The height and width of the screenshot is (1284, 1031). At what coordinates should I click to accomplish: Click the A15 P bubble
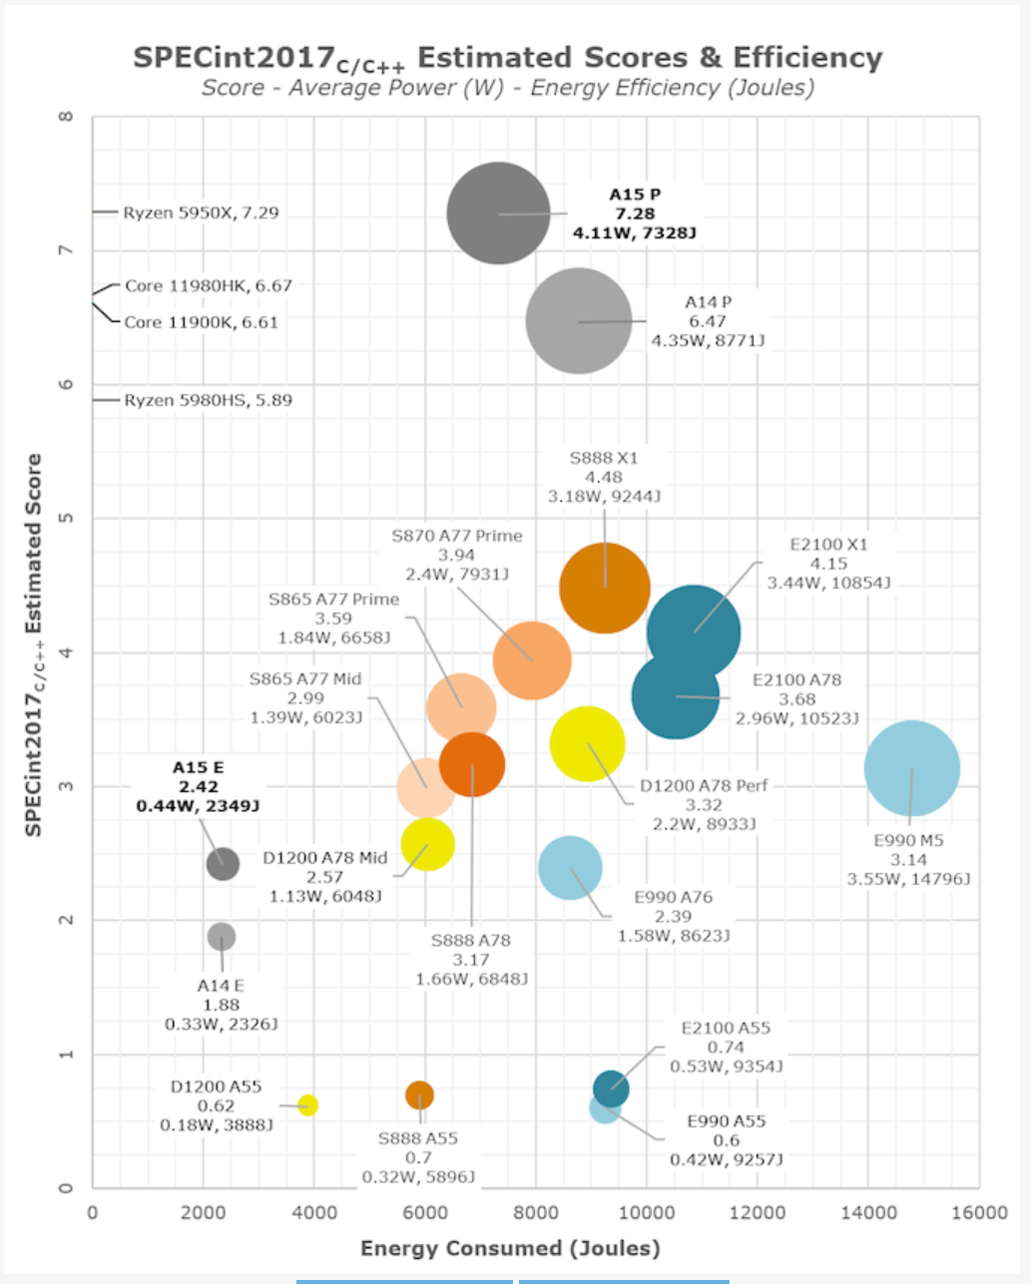[x=498, y=213]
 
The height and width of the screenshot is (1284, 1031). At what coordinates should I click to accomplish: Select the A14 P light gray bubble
[x=578, y=321]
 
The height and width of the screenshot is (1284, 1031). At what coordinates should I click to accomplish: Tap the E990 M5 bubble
[x=911, y=768]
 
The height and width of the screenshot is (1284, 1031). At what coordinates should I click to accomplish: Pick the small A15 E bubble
[x=223, y=863]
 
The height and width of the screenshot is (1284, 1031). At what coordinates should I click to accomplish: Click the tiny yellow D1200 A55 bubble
[x=308, y=1104]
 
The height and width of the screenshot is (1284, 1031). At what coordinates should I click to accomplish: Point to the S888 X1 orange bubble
[x=604, y=588]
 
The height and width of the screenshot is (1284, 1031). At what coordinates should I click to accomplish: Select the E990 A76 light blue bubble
[x=570, y=868]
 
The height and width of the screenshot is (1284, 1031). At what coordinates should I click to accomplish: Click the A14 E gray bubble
[x=222, y=937]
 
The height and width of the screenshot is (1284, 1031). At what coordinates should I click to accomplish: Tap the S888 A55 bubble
[x=419, y=1095]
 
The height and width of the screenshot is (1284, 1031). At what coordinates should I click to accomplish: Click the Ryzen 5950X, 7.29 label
[x=201, y=213]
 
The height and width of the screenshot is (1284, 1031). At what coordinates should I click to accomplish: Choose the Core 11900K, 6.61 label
[x=201, y=322]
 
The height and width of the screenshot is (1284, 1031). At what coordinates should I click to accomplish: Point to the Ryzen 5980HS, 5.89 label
[x=208, y=400]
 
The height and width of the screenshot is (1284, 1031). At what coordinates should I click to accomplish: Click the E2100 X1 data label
[x=828, y=564]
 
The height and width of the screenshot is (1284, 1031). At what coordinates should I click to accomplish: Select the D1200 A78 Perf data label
[x=705, y=804]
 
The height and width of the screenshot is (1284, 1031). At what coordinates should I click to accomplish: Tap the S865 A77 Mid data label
[x=305, y=697]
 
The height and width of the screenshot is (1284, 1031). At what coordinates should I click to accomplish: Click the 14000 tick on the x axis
[x=867, y=1213]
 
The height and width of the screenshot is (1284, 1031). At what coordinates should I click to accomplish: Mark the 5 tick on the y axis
[x=67, y=519]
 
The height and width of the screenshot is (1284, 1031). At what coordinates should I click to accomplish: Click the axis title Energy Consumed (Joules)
[x=510, y=1248]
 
